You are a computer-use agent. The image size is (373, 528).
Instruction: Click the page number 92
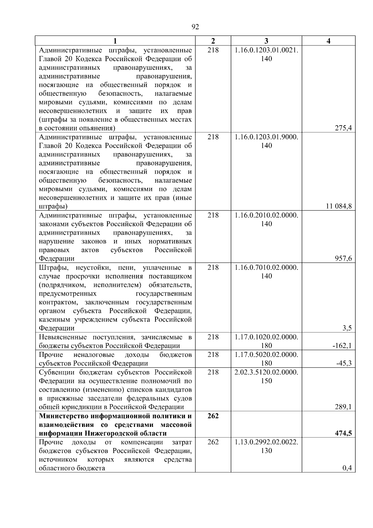coord(195,27)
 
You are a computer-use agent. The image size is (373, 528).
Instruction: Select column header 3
coord(266,41)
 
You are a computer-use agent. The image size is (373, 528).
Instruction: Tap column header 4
coord(329,41)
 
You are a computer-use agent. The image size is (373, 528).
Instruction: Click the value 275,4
coord(343,128)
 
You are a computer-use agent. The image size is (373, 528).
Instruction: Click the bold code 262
coord(213,416)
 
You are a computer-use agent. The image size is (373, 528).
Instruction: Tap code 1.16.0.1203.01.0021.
coord(266,50)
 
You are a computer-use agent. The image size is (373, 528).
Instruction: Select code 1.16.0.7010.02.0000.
coord(266,267)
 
